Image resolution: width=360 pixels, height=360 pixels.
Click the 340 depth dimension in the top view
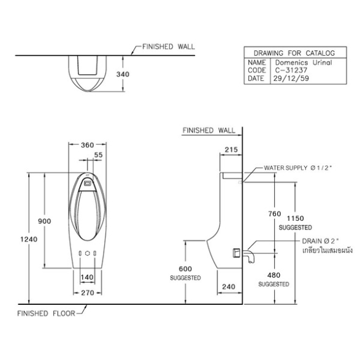click(x=123, y=74)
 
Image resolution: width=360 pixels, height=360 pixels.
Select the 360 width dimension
click(x=88, y=145)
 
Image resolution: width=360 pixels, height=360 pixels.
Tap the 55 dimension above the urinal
click(x=98, y=155)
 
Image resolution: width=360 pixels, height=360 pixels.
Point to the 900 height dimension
click(x=45, y=221)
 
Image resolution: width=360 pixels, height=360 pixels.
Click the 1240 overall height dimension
click(x=29, y=239)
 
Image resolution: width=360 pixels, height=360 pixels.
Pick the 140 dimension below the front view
click(x=87, y=277)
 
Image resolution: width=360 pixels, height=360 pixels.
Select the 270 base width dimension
click(x=88, y=293)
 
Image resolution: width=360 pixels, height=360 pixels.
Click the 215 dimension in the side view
click(x=231, y=150)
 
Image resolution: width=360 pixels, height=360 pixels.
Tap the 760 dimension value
click(x=275, y=214)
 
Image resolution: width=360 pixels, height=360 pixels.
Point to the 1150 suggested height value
click(x=296, y=218)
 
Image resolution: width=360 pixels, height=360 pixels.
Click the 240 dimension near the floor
click(x=229, y=286)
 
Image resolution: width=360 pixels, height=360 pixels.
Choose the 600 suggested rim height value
click(x=185, y=269)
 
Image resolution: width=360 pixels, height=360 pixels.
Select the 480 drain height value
click(x=274, y=275)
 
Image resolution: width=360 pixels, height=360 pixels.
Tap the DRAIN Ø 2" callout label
click(x=321, y=241)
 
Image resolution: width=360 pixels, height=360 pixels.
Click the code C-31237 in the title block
click(x=291, y=71)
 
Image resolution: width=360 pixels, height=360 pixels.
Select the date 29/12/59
click(x=291, y=79)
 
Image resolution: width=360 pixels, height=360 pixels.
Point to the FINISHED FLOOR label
click(x=46, y=313)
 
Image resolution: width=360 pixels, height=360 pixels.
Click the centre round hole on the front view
click(x=88, y=253)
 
